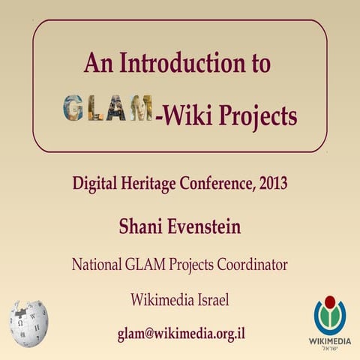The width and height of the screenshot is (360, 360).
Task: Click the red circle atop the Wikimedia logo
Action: click(x=330, y=305)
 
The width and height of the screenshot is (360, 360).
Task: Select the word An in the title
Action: click(x=97, y=63)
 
